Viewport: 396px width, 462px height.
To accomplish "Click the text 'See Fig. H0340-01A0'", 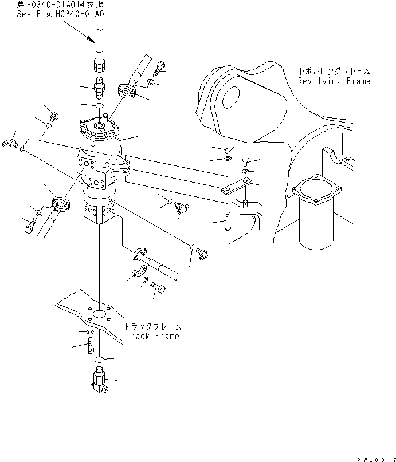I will click(x=60, y=14).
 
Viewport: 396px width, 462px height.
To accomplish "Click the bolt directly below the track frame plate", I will click(x=91, y=347).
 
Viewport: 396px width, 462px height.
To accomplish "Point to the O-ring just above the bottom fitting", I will click(x=99, y=359).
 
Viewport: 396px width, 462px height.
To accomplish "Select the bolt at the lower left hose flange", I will click(x=29, y=227).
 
